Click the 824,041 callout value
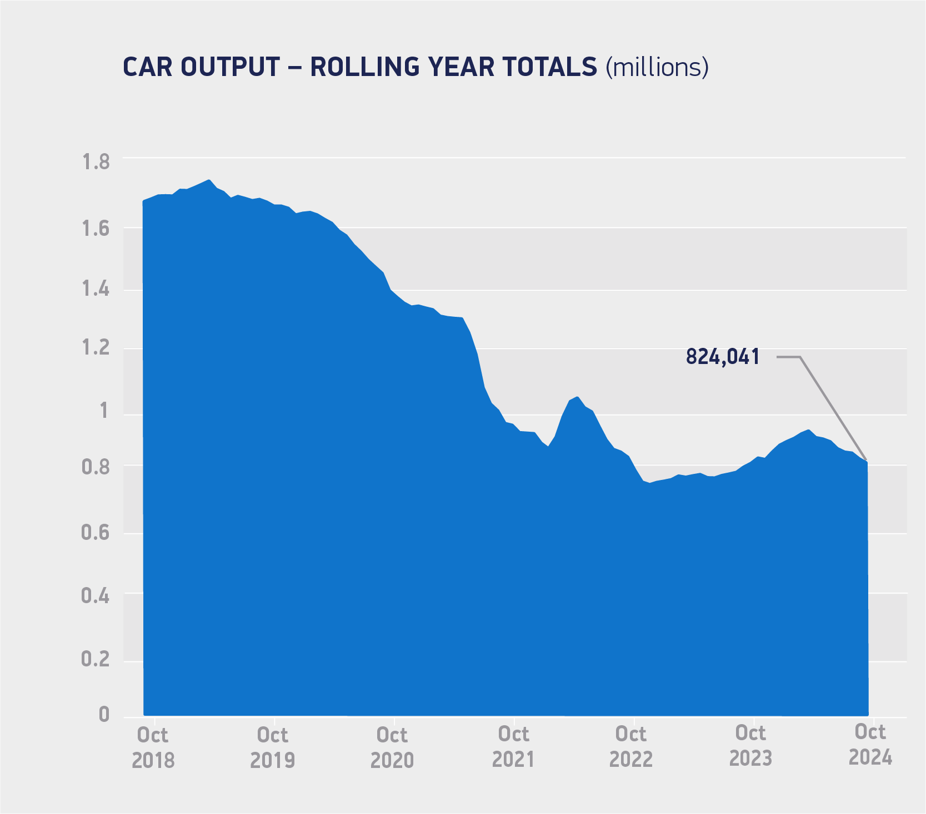pos(722,357)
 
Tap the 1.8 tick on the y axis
pos(96,163)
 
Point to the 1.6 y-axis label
pos(96,229)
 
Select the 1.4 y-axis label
pos(96,290)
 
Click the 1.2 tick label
pos(96,348)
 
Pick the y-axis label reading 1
pos(104,411)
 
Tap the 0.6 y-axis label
pos(96,533)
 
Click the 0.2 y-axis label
pos(96,659)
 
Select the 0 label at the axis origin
pos(104,715)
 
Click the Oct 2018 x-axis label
pos(153,747)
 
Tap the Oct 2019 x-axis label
pos(272,747)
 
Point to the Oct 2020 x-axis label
pos(392,747)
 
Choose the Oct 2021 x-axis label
pos(513,746)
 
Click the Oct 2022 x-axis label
pos(631,746)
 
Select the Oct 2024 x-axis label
pos(870,744)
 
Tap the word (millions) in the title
pos(657,67)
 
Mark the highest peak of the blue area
pos(208,180)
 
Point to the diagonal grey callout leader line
pos(833,409)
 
